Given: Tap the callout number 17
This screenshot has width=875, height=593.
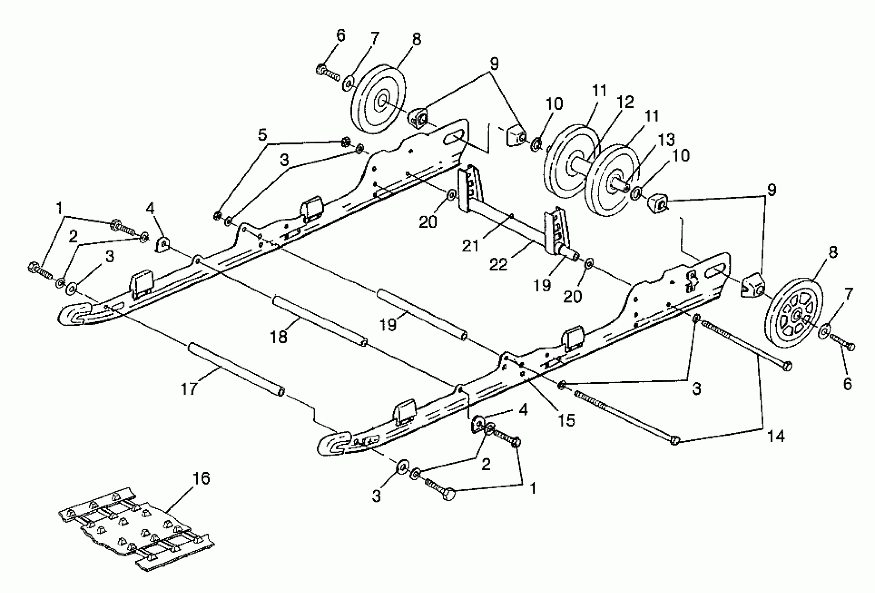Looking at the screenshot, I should (x=189, y=389).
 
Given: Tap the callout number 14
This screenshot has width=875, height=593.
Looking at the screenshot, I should (x=776, y=436).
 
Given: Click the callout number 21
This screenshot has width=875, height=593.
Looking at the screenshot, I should (x=471, y=246).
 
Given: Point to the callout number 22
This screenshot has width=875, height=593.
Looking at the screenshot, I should (x=498, y=264).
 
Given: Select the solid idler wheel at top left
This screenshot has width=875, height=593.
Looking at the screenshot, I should (x=378, y=99).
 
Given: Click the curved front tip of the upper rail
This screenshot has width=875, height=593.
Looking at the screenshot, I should (x=77, y=314).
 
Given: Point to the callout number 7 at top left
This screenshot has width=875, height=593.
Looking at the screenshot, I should (x=375, y=38).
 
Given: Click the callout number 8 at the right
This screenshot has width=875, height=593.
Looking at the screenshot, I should (x=833, y=252).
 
